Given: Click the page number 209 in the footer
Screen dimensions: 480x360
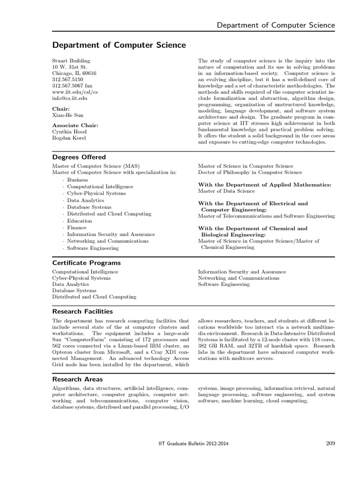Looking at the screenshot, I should point(329,443).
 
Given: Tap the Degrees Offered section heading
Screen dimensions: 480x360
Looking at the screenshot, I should point(79,157).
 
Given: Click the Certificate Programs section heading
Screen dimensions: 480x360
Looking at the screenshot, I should point(86,263).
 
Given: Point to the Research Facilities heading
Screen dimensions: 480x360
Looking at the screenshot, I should point(82,311).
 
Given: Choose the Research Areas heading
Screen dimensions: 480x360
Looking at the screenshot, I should point(77,379).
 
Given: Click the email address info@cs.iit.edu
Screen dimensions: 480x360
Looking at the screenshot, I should point(69,98).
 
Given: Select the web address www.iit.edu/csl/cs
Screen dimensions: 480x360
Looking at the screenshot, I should point(75,92).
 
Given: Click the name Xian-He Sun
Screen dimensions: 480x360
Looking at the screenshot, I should point(67,115).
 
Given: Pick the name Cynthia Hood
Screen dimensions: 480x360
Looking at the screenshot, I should point(69,132).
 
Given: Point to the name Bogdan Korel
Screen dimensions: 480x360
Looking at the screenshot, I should point(69,138).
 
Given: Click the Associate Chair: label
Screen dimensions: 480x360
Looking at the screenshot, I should point(75,125).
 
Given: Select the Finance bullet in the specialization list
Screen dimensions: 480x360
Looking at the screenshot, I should point(76,228).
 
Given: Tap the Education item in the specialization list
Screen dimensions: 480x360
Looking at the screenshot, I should point(79,221).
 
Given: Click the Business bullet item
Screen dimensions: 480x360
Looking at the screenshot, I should point(77,180).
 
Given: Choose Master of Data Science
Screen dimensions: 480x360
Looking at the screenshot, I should point(226,191).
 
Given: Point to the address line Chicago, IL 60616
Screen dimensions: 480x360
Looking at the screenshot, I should point(74,73).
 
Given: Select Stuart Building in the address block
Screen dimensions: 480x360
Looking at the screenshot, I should point(71,61).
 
